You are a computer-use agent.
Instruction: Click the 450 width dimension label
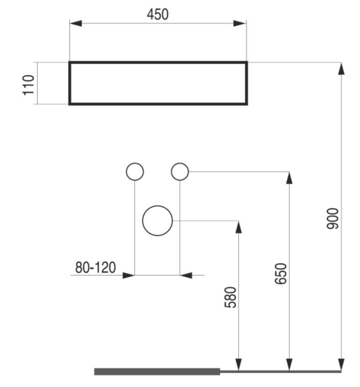[x=158, y=14]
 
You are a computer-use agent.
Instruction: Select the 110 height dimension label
[x=28, y=85]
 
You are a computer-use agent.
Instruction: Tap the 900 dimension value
[x=333, y=219]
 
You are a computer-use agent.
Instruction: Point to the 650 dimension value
[x=281, y=274]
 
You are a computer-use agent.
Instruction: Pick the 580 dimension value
[x=230, y=297]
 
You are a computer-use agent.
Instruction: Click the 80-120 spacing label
[x=95, y=268]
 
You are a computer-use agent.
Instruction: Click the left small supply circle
[x=135, y=162]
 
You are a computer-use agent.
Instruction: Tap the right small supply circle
[x=180, y=162]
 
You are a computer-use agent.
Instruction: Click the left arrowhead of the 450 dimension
[x=76, y=24]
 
